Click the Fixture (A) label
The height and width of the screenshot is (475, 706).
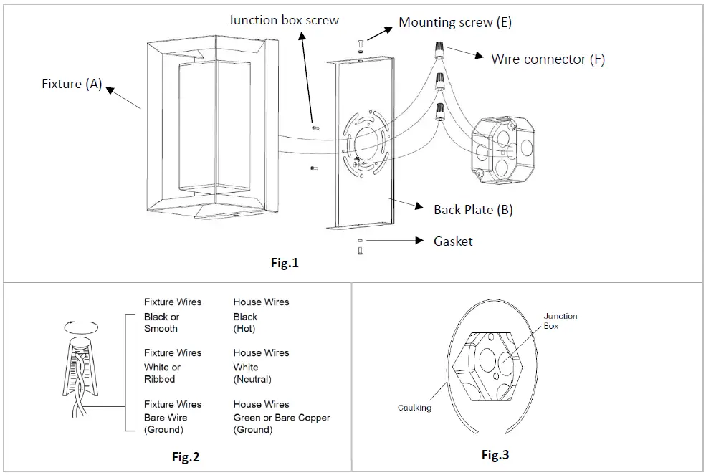tap(72, 84)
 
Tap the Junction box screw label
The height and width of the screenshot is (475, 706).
tap(284, 19)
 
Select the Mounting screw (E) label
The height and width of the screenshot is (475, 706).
tap(455, 22)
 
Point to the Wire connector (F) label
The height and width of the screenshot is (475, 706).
tap(548, 59)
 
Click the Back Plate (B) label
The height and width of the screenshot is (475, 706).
tap(473, 210)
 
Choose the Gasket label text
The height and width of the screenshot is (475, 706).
tap(453, 241)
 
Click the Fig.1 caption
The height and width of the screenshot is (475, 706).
tap(285, 263)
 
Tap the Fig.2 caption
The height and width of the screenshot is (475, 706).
tap(185, 457)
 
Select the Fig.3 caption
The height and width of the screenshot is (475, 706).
tap(495, 455)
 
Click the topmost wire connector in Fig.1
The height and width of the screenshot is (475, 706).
tap(437, 49)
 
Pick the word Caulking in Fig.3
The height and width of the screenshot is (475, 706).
tap(415, 408)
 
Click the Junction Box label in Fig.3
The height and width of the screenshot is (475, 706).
tap(560, 320)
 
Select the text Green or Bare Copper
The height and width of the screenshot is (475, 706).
tap(282, 418)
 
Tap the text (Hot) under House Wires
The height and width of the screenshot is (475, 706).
tap(244, 329)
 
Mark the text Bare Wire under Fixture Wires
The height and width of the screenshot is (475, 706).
tap(166, 418)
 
